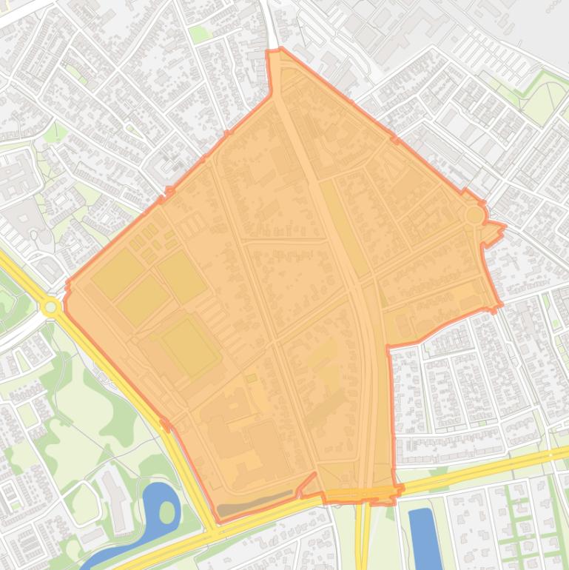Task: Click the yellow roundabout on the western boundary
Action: click(x=50, y=306)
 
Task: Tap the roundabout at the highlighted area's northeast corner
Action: click(x=474, y=215)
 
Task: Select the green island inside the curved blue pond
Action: click(x=167, y=512)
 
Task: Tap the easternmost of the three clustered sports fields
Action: click(x=181, y=277)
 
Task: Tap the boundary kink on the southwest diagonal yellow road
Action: click(x=164, y=424)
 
